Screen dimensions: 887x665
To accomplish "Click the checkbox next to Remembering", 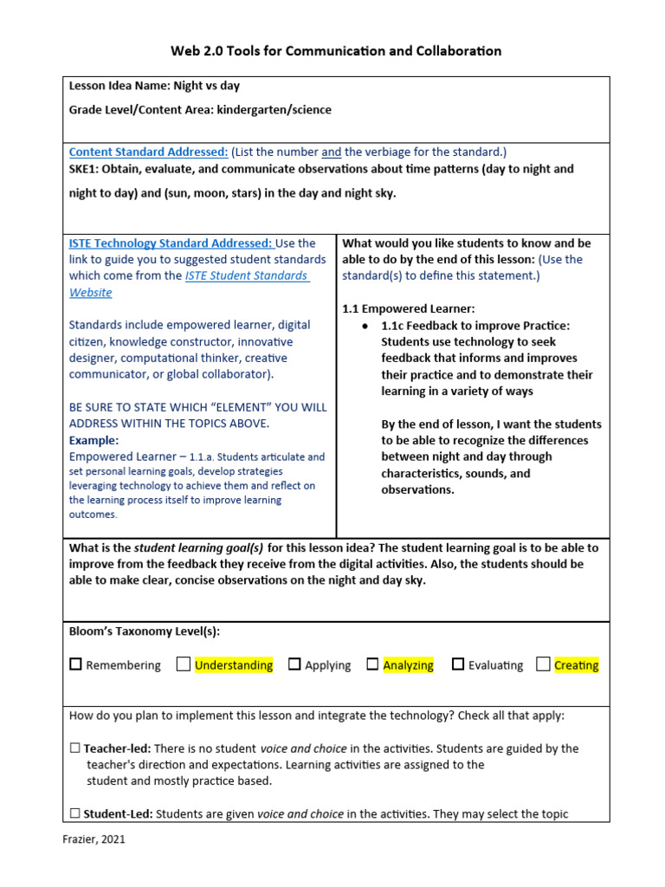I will pos(76,664).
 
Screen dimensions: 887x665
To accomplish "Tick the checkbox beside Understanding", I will pos(184,664).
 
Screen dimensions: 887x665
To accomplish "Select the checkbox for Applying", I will pos(294,664).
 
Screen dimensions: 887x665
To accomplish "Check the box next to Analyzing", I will pos(372,664).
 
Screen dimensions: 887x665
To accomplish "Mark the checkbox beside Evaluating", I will pos(458,664).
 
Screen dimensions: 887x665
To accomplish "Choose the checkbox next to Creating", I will pos(543,664).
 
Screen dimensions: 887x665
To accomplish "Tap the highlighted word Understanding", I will pos(234,665).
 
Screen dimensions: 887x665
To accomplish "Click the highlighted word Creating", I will pos(576,665).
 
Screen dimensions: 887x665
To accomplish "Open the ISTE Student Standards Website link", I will pos(246,275).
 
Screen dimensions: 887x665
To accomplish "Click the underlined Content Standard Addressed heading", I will pos(148,152).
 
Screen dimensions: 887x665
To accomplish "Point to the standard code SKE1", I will pos(85,169).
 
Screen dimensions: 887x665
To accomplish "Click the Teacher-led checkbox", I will pos(75,748).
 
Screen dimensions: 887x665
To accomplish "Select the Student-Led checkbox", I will pos(75,814).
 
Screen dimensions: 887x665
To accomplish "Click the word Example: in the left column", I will pos(94,440).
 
